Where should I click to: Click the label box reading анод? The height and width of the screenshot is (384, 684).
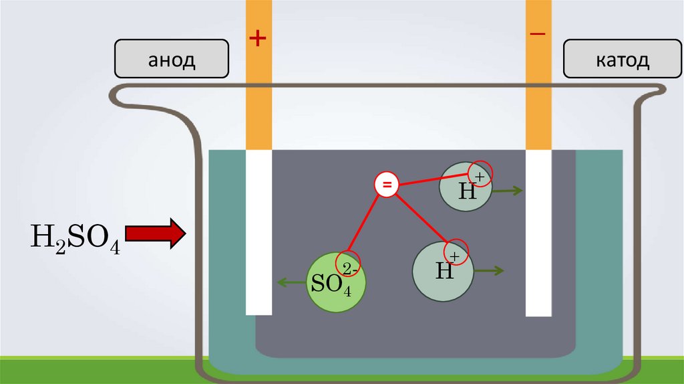tap(172, 60)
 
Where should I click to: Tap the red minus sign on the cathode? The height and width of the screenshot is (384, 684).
tap(538, 34)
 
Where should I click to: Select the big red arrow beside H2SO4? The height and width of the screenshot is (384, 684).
tap(156, 234)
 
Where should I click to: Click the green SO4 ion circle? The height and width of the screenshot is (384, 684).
tap(337, 281)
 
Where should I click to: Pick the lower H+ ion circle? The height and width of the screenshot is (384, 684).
tap(443, 270)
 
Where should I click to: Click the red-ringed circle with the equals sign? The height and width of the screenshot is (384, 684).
tap(386, 185)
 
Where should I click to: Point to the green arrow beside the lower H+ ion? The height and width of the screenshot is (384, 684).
tap(490, 270)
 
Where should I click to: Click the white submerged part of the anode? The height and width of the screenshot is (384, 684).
tap(259, 231)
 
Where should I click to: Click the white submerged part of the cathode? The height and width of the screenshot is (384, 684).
tap(538, 231)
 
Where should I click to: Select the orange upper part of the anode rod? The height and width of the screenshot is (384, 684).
tap(259, 94)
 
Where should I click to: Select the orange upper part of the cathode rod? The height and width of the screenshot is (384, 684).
tap(538, 94)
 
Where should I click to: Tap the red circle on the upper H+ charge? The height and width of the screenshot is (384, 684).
tap(479, 173)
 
